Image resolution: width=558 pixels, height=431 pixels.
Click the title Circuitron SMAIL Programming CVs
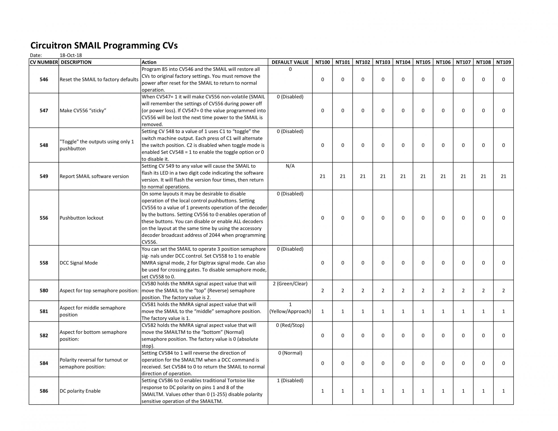point(104,46)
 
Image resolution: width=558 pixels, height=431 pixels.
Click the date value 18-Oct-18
point(71,55)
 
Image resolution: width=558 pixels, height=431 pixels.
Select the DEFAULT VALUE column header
point(290,62)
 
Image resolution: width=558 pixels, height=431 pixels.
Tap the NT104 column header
point(403,62)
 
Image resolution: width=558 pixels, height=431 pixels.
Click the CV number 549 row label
point(44,176)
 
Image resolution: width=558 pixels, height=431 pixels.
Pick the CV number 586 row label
point(44,391)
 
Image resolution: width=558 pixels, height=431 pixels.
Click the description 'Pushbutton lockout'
point(81,218)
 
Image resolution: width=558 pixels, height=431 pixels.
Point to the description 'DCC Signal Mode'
point(79,263)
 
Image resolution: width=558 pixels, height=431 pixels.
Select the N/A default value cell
point(290,166)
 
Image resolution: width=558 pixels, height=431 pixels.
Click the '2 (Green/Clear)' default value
point(290,284)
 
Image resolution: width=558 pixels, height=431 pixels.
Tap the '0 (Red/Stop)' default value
point(290,325)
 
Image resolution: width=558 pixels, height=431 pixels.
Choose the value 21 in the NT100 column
point(323,176)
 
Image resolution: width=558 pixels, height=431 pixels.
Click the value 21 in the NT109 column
point(503,176)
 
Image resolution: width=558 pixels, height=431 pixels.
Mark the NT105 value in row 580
point(423,290)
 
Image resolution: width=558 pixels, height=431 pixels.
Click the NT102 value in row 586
point(362,391)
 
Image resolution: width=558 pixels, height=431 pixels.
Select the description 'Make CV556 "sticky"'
point(83,111)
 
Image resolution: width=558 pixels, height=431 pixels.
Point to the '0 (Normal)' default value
point(290,353)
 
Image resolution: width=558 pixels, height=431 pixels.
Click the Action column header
point(149,62)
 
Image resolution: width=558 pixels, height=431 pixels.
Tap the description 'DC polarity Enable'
point(80,391)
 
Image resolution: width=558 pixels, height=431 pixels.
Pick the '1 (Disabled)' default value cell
point(290,380)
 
